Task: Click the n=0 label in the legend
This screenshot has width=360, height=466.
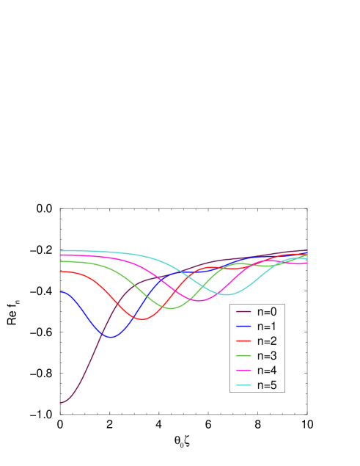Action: [266, 311]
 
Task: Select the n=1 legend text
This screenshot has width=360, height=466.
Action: [266, 326]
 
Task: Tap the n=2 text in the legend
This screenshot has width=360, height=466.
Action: [266, 341]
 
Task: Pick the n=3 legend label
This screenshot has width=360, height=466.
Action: [266, 356]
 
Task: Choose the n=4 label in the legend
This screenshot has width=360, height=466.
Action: [266, 371]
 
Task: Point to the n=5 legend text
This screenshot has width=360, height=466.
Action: [266, 385]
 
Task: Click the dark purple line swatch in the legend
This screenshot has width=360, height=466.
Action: [243, 312]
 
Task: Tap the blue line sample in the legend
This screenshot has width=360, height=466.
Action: [243, 327]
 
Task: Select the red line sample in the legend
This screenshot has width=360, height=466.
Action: [243, 341]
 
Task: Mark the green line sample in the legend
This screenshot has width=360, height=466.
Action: [243, 356]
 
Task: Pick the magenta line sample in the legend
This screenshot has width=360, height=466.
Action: [243, 371]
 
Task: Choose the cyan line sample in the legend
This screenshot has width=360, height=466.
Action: [243, 385]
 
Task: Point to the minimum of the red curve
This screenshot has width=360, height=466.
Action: [142, 319]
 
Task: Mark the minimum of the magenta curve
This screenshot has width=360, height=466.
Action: [198, 301]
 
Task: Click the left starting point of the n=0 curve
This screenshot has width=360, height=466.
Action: [60, 402]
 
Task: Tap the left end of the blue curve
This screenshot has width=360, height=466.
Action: [60, 292]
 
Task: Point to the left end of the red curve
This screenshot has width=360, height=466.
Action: [60, 272]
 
